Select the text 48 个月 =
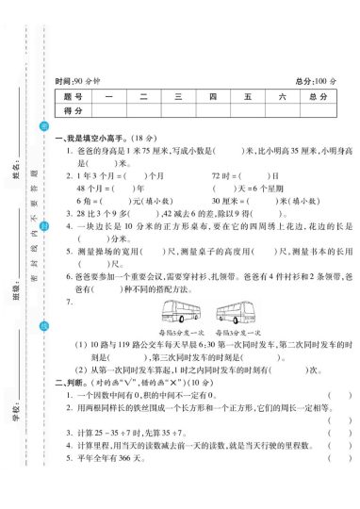pos(84,188)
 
